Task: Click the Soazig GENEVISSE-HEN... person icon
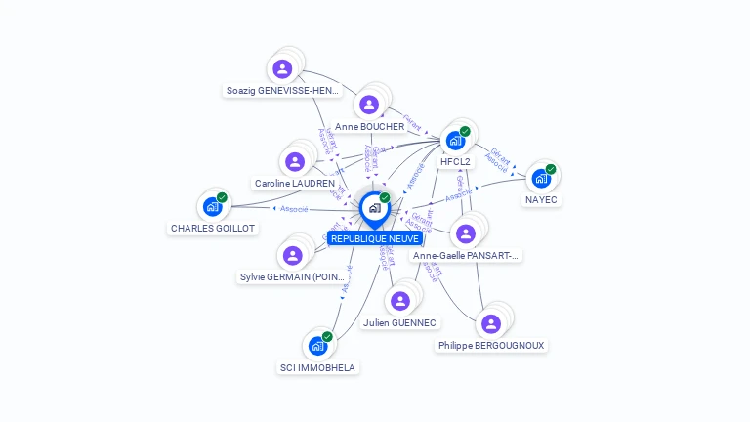(282, 68)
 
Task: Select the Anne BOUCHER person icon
(369, 105)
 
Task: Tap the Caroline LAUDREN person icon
(294, 161)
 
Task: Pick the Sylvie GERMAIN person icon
(292, 255)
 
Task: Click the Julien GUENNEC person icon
(399, 301)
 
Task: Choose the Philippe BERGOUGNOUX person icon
(491, 323)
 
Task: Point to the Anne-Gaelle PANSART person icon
(466, 233)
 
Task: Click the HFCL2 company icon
(455, 140)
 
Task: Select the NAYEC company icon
(540, 178)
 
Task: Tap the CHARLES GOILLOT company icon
(212, 206)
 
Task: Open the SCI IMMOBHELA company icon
(317, 346)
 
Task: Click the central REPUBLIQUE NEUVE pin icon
(374, 208)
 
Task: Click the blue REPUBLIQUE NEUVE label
(375, 238)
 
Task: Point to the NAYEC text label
(541, 200)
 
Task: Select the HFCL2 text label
(456, 162)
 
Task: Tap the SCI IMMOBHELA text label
(317, 368)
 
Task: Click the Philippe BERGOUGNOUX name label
(491, 346)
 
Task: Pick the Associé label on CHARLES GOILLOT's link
(294, 208)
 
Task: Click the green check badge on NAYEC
(551, 169)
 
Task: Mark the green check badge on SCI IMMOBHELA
(327, 337)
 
